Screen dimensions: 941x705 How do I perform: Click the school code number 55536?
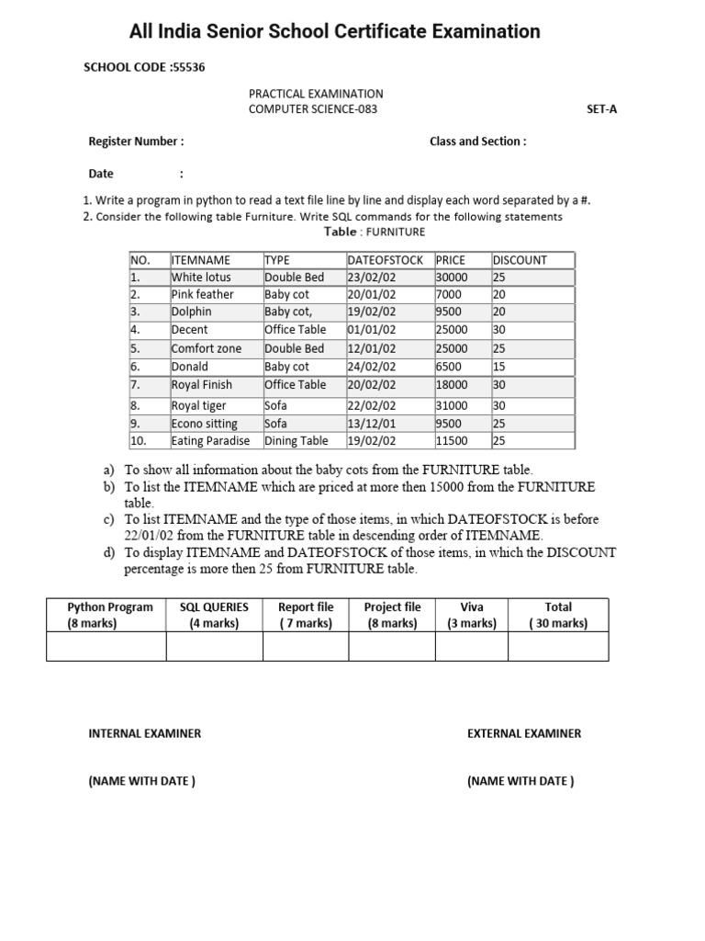(188, 68)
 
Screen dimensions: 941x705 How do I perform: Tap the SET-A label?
(602, 109)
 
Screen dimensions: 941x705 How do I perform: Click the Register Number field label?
(136, 142)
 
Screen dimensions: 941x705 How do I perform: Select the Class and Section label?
(477, 142)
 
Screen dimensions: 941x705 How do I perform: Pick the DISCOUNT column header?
(520, 260)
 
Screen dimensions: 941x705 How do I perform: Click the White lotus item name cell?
(201, 278)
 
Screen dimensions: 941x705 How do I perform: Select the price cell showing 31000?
(452, 405)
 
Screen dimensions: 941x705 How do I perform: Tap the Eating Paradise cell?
(210, 441)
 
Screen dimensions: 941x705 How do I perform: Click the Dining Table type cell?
(296, 441)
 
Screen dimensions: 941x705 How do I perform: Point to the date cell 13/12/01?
(372, 424)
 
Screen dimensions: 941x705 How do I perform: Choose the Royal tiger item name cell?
(198, 405)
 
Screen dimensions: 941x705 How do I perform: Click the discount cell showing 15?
(499, 367)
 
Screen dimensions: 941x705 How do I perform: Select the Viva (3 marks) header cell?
(471, 615)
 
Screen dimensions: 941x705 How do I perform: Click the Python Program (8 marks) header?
(105, 615)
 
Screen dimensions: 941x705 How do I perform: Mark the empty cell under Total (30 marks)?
(557, 646)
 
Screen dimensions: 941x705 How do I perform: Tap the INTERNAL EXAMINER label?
(144, 733)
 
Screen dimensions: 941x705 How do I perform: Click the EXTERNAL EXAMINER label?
(524, 733)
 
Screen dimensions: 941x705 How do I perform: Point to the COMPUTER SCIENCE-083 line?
(313, 109)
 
